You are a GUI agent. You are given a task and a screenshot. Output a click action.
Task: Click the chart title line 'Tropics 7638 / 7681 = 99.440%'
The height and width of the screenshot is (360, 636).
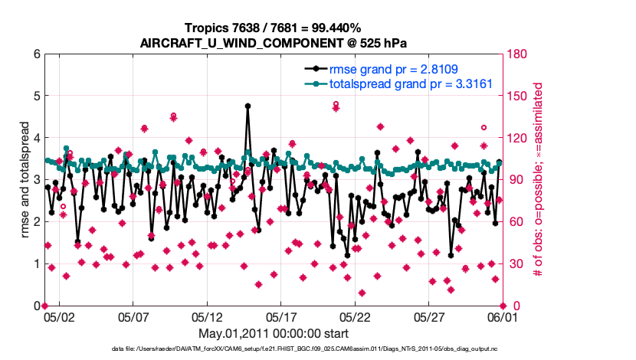[x=274, y=28]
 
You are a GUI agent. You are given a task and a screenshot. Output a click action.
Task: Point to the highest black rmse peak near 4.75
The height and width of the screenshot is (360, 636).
[x=248, y=106]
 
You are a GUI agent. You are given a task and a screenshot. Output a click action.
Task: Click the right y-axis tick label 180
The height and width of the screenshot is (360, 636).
[x=517, y=54]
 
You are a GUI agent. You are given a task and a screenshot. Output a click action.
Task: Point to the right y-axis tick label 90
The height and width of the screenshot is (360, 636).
[x=515, y=180]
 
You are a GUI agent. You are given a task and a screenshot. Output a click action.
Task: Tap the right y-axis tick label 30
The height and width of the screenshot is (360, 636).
[x=515, y=264]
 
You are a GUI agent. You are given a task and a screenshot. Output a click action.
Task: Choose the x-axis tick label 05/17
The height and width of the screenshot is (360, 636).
[x=281, y=316]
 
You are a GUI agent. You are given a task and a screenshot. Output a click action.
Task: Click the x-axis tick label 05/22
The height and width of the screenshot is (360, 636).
[x=356, y=316]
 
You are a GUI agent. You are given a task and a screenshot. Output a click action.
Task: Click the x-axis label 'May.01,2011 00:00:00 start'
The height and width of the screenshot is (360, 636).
[x=274, y=334]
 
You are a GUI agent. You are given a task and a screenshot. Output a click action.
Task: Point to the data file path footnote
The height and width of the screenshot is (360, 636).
[x=274, y=349]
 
